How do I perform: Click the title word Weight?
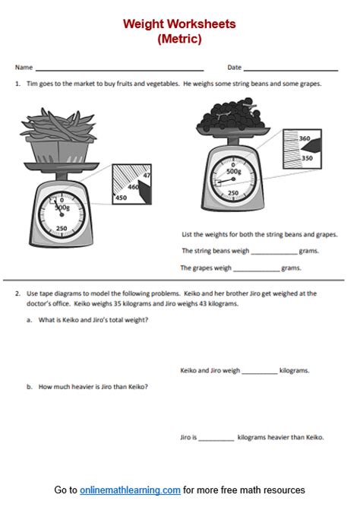(146, 24)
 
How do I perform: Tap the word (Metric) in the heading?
(180, 40)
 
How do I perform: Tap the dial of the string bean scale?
(62, 215)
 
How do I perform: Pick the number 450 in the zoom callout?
(120, 199)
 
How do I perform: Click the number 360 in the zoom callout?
(305, 138)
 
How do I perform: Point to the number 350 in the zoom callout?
(308, 157)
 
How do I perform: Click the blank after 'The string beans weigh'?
(273, 252)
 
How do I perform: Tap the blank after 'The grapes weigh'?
(257, 269)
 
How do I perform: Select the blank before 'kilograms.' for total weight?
(260, 372)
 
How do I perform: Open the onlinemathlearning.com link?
(130, 490)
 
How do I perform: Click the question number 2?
(17, 293)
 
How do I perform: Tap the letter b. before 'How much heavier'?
(29, 387)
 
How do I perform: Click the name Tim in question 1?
(31, 84)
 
